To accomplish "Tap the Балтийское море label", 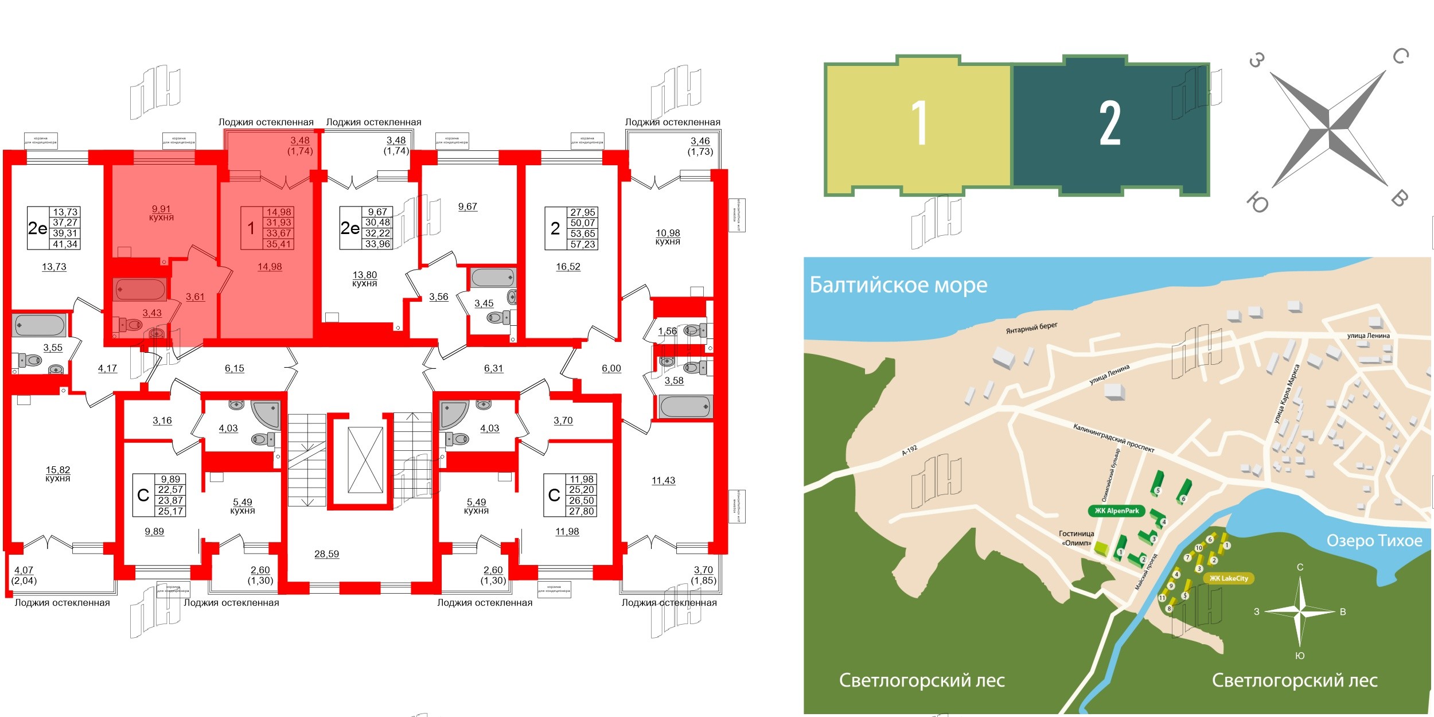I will pyautogui.click(x=898, y=285).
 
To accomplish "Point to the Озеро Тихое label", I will pyautogui.click(x=1374, y=540).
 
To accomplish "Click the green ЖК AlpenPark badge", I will pyautogui.click(x=1116, y=511).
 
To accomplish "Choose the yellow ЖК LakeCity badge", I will pyautogui.click(x=1229, y=578).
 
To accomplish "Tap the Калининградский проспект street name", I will pyautogui.click(x=1113, y=438).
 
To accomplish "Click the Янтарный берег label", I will pyautogui.click(x=1031, y=328).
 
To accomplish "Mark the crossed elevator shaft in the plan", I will pyautogui.click(x=365, y=459).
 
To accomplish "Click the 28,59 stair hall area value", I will pyautogui.click(x=326, y=554).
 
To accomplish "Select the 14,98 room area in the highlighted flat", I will pyautogui.click(x=270, y=267).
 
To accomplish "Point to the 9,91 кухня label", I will pyautogui.click(x=161, y=213).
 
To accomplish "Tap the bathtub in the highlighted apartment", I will pyautogui.click(x=139, y=289).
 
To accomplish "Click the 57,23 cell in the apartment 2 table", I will pyautogui.click(x=582, y=244).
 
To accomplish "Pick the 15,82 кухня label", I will pyautogui.click(x=58, y=474).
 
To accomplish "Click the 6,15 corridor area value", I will pyautogui.click(x=234, y=368).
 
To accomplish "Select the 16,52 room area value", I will pyautogui.click(x=568, y=267).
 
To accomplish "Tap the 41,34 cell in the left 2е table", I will pyautogui.click(x=65, y=244).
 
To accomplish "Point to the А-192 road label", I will pyautogui.click(x=909, y=450).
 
